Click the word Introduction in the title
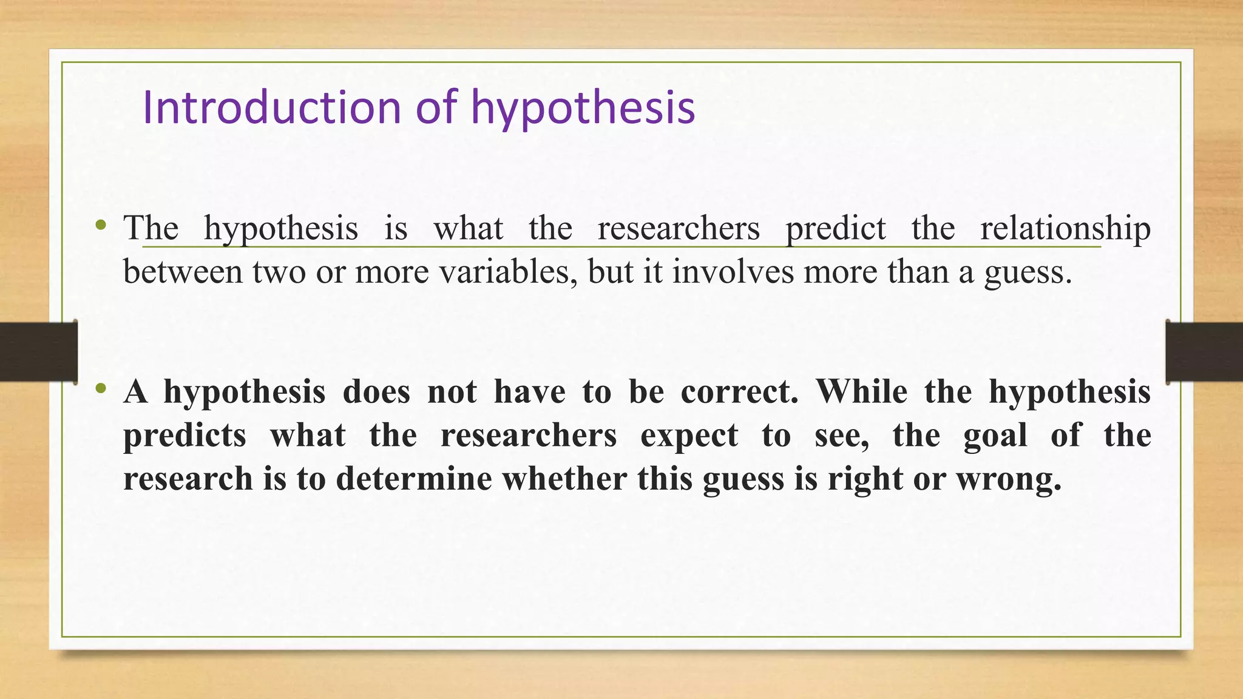[272, 107]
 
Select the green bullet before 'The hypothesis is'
[101, 226]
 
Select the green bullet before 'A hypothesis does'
[101, 388]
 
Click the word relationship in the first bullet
[1065, 229]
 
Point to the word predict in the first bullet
[836, 229]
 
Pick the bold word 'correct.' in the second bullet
[739, 391]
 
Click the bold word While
[861, 391]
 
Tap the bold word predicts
[185, 436]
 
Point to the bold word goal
[995, 436]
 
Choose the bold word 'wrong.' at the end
[1009, 480]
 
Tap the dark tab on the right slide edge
[1204, 352]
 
